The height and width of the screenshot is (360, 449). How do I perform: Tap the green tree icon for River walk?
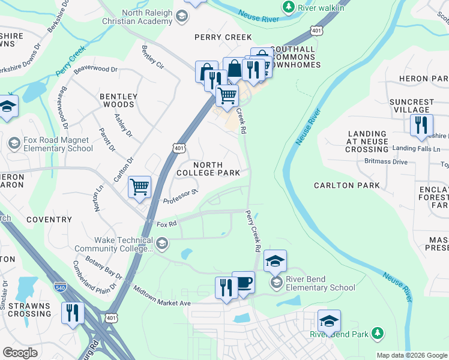[x=289, y=7]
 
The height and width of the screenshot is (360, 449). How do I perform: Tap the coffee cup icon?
[x=244, y=283]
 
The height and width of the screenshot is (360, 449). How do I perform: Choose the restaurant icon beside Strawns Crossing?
[x=72, y=313]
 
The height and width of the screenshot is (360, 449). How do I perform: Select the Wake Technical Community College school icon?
[x=163, y=243]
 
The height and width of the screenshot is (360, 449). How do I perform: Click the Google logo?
[x=20, y=353]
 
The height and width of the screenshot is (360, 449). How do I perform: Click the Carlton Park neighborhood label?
[x=347, y=185]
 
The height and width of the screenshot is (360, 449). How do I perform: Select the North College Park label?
[x=208, y=169]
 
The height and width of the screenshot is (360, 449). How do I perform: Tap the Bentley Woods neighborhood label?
[x=118, y=100]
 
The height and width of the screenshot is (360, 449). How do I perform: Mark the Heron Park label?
[x=427, y=79]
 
